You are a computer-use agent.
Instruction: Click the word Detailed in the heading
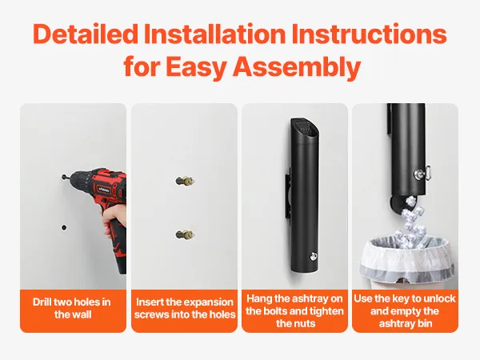click(86, 34)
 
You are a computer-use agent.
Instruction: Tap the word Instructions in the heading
click(369, 34)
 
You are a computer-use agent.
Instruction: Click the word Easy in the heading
click(196, 67)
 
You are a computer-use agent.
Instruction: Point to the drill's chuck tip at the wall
click(64, 177)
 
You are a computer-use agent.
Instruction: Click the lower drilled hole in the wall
click(64, 227)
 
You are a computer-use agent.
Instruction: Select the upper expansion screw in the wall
click(185, 181)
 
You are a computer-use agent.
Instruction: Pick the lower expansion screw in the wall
click(185, 234)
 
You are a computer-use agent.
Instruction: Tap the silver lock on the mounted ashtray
click(312, 256)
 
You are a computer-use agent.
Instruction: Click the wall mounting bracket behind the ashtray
click(288, 196)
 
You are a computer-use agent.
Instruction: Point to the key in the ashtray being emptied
click(422, 173)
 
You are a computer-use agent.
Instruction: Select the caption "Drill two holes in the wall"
click(72, 308)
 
